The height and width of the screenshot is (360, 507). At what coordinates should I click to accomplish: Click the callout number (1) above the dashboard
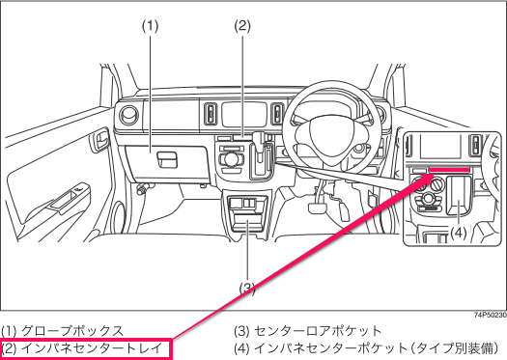tap(150, 26)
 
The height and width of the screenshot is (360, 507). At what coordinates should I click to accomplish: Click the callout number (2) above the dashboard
tap(242, 26)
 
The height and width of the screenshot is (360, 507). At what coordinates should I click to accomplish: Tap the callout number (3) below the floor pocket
tap(247, 288)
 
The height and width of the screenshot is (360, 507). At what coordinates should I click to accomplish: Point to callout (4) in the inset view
tap(459, 232)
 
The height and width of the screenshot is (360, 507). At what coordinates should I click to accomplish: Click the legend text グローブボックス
tap(66, 330)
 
